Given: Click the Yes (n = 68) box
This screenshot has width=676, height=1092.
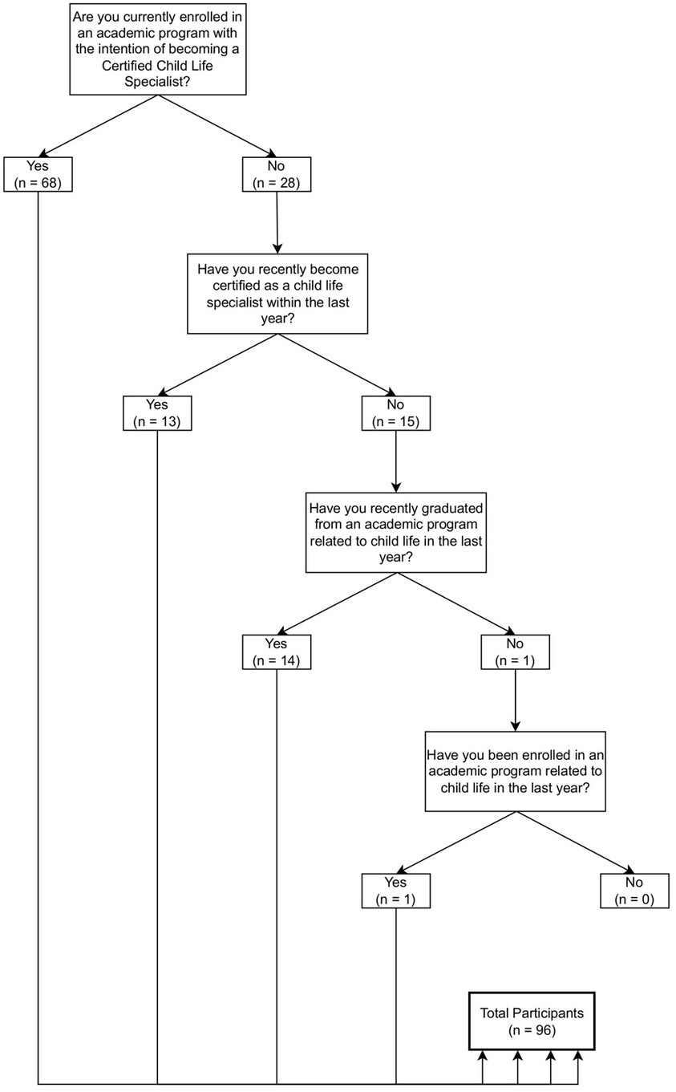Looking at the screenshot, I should click(x=38, y=174).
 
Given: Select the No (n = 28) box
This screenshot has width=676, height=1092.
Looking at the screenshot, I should click(x=277, y=174).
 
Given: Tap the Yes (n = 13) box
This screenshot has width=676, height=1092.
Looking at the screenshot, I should click(x=157, y=413).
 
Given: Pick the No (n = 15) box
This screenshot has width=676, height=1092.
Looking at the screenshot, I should click(x=396, y=413).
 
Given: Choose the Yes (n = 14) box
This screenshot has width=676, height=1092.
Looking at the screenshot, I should click(x=277, y=652).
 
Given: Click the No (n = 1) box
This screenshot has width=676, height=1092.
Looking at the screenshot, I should click(x=515, y=652).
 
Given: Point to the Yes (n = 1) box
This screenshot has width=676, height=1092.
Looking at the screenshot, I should click(x=396, y=891).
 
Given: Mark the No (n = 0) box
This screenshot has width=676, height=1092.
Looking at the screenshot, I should click(x=634, y=891).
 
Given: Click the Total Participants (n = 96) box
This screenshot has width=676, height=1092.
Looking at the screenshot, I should click(x=532, y=1021).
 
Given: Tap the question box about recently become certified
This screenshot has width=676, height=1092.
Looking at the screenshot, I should click(x=277, y=294).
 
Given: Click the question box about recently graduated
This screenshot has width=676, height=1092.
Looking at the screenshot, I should click(x=396, y=533).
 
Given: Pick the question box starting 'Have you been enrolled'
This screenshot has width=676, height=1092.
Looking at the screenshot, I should click(x=515, y=771).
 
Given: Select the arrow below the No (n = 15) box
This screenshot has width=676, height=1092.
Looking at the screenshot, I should click(x=396, y=461).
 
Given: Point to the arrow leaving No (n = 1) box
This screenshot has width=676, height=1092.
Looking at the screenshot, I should click(x=515, y=700).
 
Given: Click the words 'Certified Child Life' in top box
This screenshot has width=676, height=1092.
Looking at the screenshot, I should click(x=157, y=65).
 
